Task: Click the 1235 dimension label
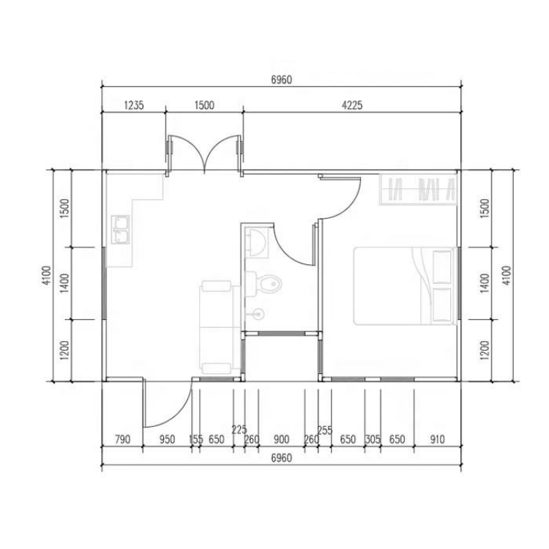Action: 134,105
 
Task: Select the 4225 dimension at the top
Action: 352,105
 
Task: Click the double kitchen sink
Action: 120,230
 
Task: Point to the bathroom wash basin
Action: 257,242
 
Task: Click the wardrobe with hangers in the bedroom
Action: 418,189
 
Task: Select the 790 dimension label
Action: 122,439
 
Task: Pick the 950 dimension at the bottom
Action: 167,439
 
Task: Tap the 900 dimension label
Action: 282,439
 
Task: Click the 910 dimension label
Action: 437,439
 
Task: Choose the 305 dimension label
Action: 373,439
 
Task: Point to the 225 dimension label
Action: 239,429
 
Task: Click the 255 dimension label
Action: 325,430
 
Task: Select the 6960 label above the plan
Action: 282,80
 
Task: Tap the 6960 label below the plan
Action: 282,458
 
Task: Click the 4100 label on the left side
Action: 47,275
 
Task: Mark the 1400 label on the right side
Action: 485,283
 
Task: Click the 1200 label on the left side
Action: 64,350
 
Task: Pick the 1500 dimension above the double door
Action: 204,105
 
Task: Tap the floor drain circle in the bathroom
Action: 258,314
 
